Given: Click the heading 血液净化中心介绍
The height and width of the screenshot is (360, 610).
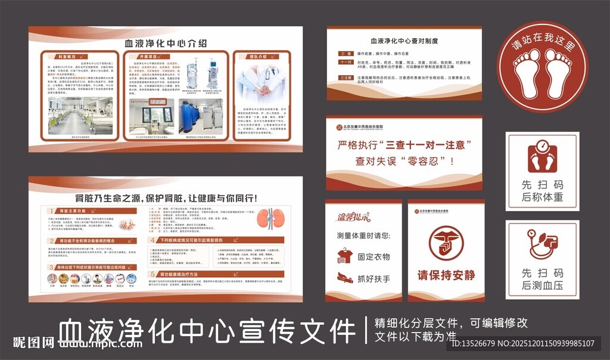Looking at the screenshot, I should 166,43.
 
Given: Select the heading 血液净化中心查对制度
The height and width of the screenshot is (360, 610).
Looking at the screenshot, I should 404,41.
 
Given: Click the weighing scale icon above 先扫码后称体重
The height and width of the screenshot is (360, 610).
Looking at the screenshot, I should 542,156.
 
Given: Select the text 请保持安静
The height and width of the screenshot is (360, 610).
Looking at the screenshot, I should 446,275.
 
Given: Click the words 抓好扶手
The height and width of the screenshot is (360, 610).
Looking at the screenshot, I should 374,278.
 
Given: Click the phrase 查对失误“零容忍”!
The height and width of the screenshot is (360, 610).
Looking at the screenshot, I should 404,160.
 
